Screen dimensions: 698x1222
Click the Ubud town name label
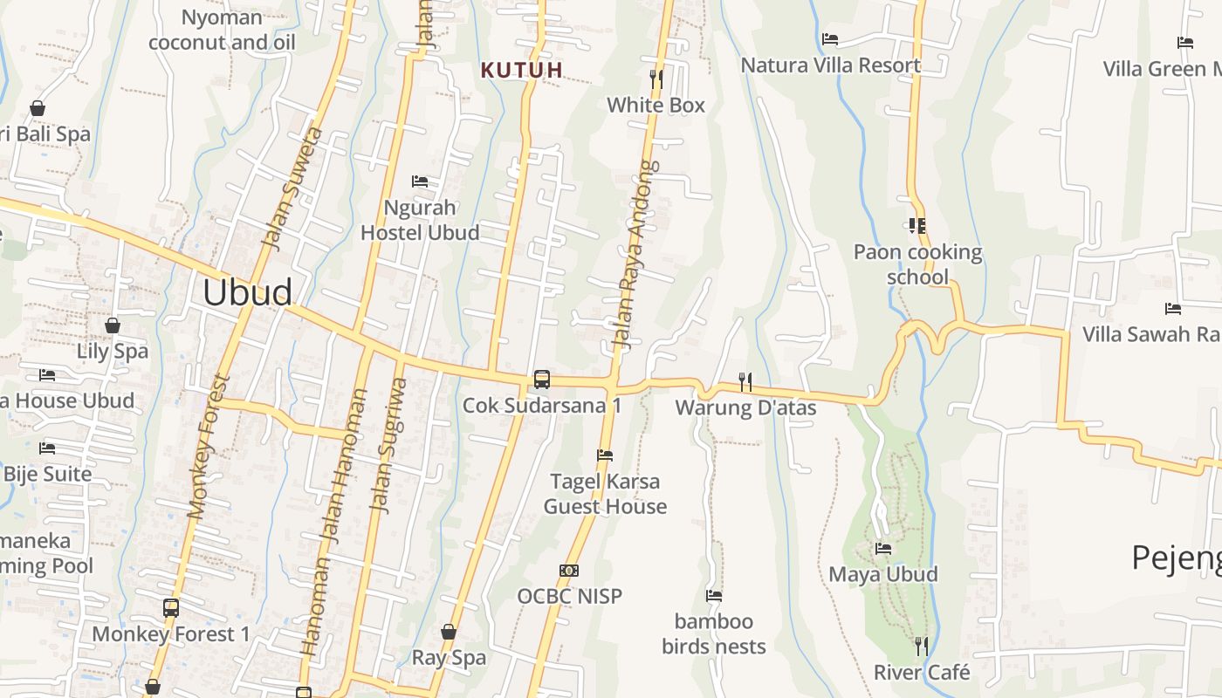coord(247,292)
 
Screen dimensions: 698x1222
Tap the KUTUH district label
coord(522,70)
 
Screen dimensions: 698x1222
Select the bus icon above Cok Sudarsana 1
coord(542,380)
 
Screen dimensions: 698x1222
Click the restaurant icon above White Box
coord(656,79)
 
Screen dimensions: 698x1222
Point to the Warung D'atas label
coord(745,407)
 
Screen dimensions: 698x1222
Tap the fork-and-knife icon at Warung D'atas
coord(745,381)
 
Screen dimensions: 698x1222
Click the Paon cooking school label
coord(917,264)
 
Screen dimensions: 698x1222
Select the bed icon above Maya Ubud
coord(883,549)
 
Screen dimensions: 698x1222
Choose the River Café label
coord(922,673)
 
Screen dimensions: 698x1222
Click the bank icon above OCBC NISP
coord(569,571)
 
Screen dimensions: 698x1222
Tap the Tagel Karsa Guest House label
coord(605,494)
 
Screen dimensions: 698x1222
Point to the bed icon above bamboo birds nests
coord(714,596)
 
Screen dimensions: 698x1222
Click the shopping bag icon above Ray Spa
coord(449,632)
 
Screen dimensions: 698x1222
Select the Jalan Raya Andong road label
coord(635,255)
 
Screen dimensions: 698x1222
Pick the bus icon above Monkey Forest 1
coord(171,608)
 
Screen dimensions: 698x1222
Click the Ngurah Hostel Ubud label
coord(420,220)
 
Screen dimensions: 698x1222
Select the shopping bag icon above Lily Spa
coord(113,326)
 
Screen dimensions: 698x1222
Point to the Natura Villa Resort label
coord(830,65)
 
